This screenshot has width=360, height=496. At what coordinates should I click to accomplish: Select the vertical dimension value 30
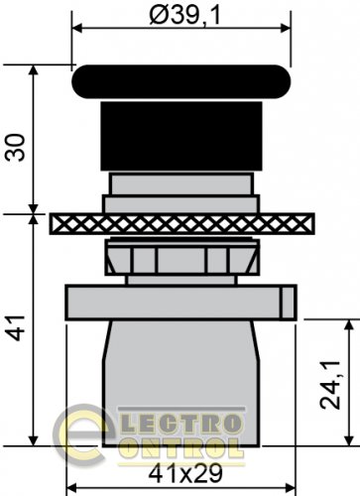pos(17,147)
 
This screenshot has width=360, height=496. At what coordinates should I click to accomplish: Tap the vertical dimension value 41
pos(17,328)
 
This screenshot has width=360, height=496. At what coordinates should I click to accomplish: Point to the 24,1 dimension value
pos(329,385)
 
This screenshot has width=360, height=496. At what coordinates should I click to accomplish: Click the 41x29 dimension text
pos(185,474)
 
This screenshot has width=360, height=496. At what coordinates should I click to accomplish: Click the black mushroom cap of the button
pos(181,81)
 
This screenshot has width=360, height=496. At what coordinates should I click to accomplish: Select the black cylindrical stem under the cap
pos(181,136)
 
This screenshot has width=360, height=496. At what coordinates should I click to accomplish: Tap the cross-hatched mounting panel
pos(182,224)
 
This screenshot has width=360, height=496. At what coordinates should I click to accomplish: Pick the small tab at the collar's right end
pos(289,303)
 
